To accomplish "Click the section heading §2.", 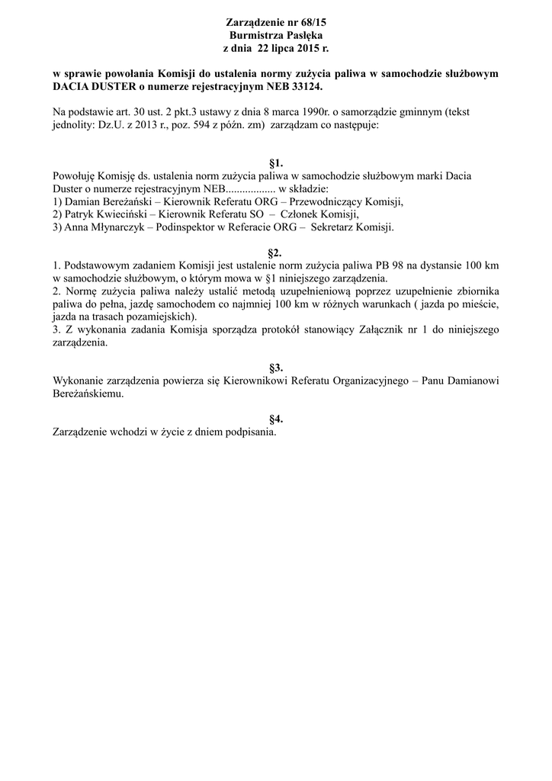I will point(276,252).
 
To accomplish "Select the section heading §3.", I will point(276,368).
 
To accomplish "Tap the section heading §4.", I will point(276,419).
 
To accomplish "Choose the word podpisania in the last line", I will point(246,432).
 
